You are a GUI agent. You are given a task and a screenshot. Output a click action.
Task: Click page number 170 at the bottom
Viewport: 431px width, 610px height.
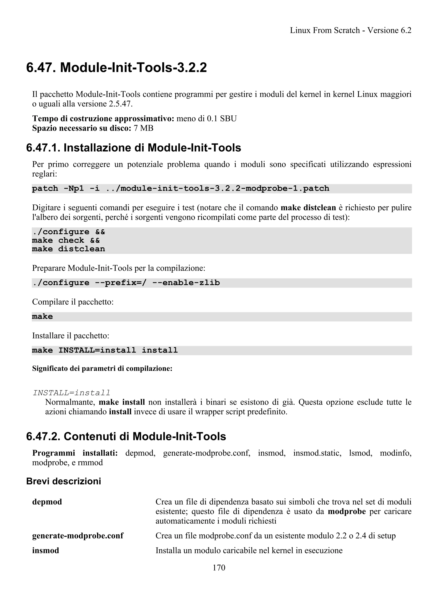(219, 568)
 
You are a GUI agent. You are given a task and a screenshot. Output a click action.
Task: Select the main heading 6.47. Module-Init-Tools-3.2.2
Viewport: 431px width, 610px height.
(116, 68)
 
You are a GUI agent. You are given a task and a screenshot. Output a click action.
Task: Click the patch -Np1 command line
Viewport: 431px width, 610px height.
(180, 189)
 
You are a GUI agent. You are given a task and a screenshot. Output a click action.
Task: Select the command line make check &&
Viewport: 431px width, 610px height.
(66, 240)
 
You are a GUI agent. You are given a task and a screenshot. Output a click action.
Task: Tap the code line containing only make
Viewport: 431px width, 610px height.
(42, 316)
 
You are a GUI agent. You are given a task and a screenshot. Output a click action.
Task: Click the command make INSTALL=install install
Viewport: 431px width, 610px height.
(105, 350)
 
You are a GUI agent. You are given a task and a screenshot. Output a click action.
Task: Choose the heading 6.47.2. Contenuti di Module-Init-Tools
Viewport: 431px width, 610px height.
(126, 437)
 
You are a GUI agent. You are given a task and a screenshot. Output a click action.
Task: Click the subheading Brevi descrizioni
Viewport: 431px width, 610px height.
(64, 481)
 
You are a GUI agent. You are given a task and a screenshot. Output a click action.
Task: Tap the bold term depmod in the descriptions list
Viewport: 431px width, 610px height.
(47, 502)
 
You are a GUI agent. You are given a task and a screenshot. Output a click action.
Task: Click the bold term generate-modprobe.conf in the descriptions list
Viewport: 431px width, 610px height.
(77, 536)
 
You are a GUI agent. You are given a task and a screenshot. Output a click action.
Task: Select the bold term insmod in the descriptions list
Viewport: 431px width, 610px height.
(45, 550)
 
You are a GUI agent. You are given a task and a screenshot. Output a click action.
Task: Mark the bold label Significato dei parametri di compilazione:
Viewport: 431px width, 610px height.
(102, 369)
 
